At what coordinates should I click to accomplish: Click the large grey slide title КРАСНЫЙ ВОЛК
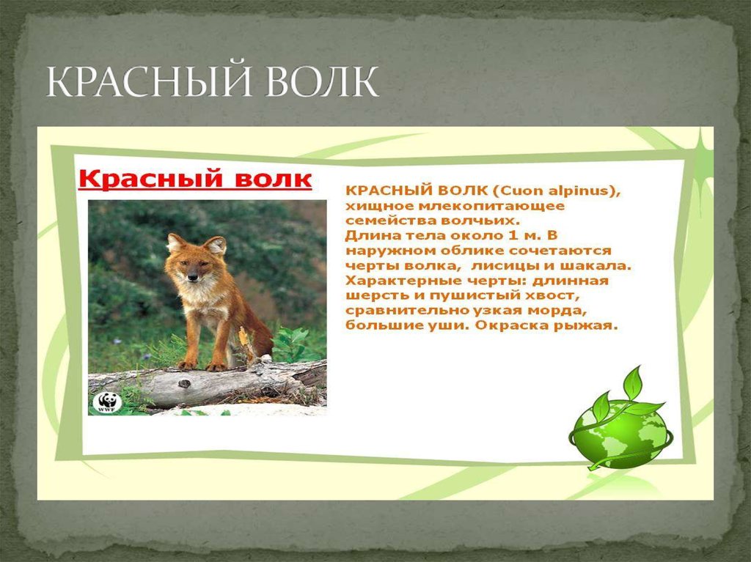coord(213,82)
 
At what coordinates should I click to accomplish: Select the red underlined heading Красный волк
coord(195,180)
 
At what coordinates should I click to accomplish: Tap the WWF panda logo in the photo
coord(106,402)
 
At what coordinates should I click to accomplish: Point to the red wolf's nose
coord(193,278)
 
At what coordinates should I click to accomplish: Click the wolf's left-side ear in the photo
coord(175,241)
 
